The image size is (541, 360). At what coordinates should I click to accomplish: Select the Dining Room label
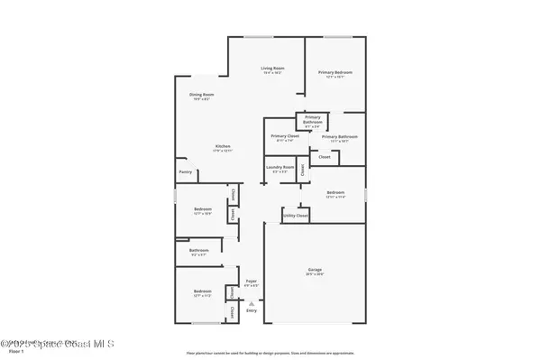click(x=200, y=95)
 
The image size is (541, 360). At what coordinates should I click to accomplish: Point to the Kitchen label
click(x=223, y=146)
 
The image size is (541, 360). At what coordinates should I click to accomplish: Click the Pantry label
click(x=185, y=171)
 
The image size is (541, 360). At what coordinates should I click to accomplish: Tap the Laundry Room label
click(x=279, y=167)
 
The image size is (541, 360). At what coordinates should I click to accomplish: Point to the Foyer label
click(x=252, y=282)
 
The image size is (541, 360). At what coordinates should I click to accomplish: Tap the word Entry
click(x=251, y=309)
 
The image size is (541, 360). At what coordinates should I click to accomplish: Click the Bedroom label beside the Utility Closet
click(x=335, y=193)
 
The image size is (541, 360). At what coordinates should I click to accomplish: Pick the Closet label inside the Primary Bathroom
click(x=325, y=157)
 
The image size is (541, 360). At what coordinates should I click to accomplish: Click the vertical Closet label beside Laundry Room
click(x=304, y=168)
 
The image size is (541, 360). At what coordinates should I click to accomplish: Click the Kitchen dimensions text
click(x=223, y=152)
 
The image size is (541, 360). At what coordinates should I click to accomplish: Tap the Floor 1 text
click(x=10, y=352)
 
